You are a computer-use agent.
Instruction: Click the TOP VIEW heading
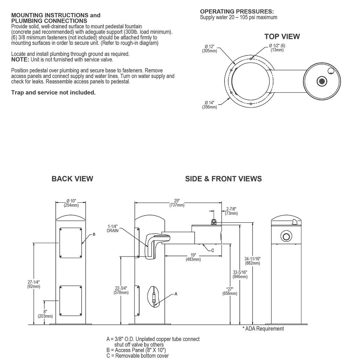[282, 37]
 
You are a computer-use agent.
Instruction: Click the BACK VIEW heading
[72, 179]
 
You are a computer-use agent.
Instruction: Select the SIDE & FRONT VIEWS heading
[223, 179]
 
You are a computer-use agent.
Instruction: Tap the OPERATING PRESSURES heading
[237, 12]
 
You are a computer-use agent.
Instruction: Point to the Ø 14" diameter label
[210, 105]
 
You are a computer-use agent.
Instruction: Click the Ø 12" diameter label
[210, 49]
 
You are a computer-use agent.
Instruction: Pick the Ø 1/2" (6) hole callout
[277, 48]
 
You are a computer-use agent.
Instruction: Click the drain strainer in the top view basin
[321, 81]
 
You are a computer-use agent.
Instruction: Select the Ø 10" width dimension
[71, 203]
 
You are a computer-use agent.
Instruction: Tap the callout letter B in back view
[94, 234]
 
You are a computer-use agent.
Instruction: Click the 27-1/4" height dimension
[34, 284]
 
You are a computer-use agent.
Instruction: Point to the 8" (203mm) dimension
[45, 314]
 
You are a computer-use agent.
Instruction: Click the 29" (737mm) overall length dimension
[177, 203]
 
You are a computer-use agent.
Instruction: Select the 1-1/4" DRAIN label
[113, 228]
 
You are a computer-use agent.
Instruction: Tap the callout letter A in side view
[176, 294]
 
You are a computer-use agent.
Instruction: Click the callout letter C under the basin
[213, 251]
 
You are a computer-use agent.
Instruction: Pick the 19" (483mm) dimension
[193, 257]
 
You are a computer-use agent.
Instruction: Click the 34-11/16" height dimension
[252, 261]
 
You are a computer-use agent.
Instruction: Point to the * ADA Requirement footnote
[263, 329]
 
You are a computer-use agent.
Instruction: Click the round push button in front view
[286, 236]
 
